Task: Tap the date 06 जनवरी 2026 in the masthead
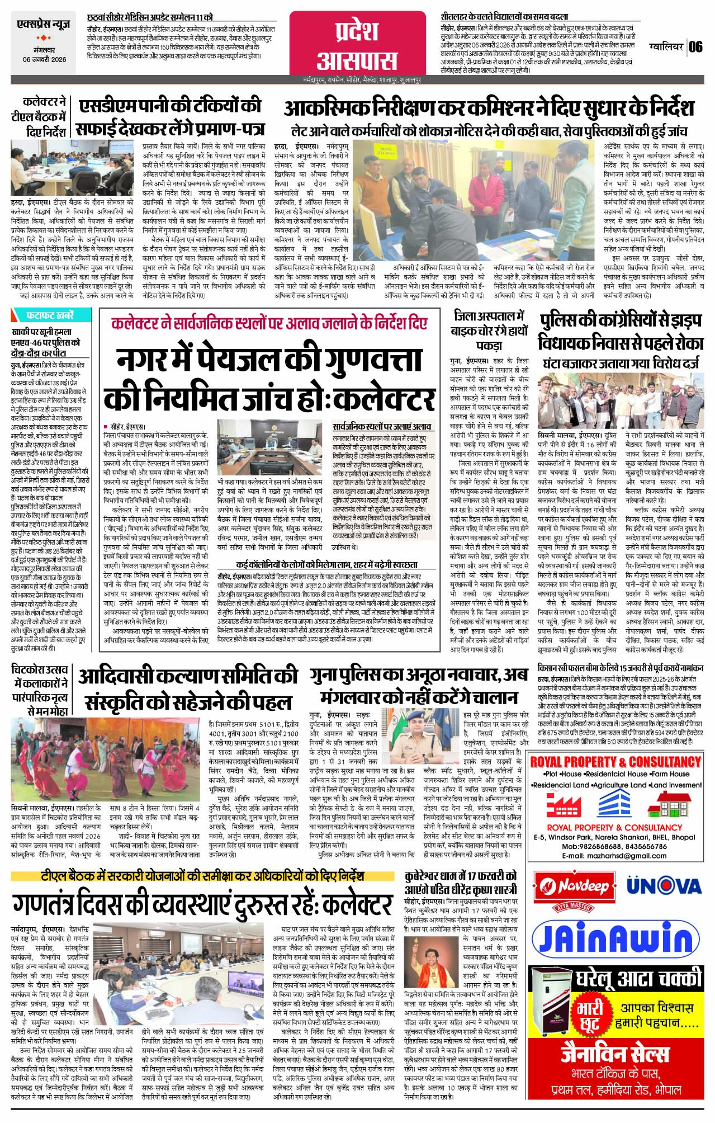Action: [45, 59]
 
